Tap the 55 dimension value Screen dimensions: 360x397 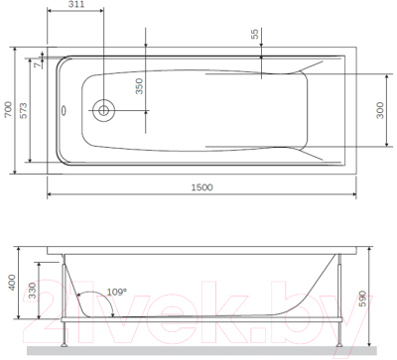[254, 33]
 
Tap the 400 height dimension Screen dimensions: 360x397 [12, 282]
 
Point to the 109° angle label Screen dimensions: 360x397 [117, 292]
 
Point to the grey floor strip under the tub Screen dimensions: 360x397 [198, 350]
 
